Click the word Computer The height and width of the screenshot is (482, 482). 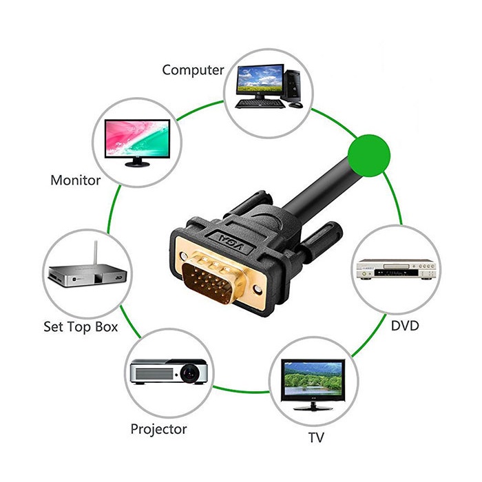(x=193, y=70)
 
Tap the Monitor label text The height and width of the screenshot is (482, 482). (x=76, y=180)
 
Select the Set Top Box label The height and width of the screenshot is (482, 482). (x=81, y=326)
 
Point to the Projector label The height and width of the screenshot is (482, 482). (x=158, y=429)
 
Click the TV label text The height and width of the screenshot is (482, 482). (x=317, y=437)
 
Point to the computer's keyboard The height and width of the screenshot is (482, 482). (x=260, y=104)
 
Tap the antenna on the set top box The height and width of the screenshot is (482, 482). (x=94, y=253)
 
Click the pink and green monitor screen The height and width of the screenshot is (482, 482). (x=136, y=137)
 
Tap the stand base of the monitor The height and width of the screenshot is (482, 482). (x=138, y=164)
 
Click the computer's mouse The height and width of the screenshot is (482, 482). (x=295, y=105)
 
